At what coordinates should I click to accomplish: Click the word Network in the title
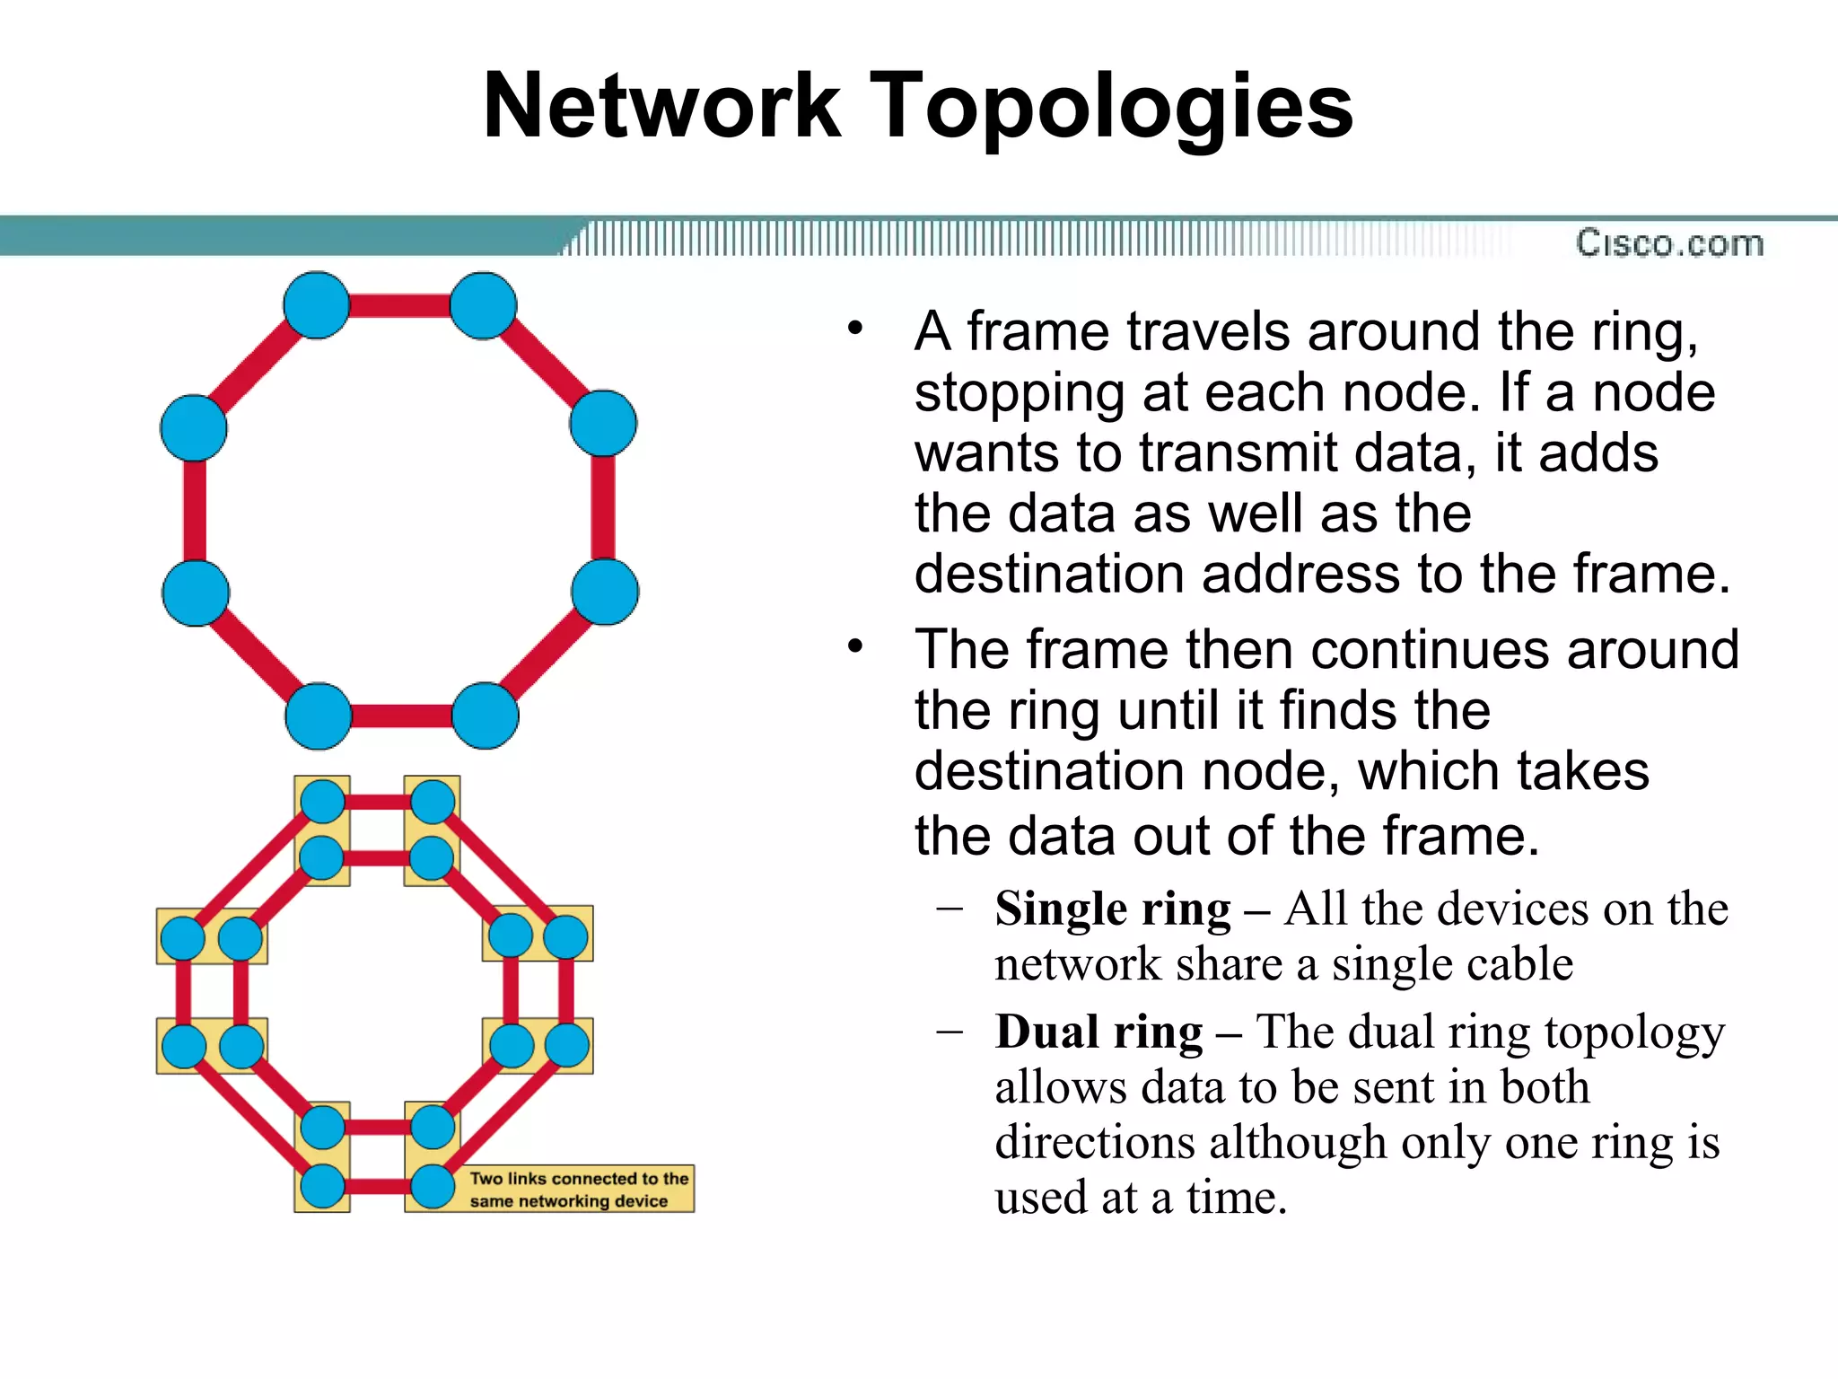[x=661, y=106]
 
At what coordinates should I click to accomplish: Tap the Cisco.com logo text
[x=1669, y=243]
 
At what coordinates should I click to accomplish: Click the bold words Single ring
[x=1113, y=909]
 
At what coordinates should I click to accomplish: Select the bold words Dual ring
[x=1098, y=1032]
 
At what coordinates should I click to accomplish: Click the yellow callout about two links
[x=579, y=1189]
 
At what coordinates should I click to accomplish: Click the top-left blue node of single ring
[x=316, y=306]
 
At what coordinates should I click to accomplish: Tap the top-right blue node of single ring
[x=483, y=306]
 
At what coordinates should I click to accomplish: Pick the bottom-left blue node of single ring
[x=318, y=716]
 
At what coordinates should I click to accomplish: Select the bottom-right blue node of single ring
[x=485, y=716]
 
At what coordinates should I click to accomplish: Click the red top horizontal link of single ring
[x=399, y=306]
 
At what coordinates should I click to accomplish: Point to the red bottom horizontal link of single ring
[x=401, y=716]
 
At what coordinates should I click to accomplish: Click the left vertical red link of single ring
[x=195, y=510]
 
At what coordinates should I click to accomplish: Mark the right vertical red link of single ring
[x=603, y=507]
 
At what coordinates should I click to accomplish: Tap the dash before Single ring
[x=949, y=909]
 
